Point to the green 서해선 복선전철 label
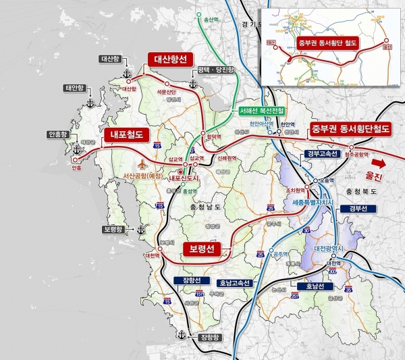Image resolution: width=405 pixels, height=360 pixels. pos(261,110)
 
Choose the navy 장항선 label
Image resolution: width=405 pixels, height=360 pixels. pos(188,280)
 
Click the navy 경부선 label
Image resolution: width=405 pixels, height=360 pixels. pos(356,209)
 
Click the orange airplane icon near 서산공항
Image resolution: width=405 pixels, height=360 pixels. pos(141,164)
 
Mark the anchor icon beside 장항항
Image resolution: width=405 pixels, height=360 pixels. pos(180,335)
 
